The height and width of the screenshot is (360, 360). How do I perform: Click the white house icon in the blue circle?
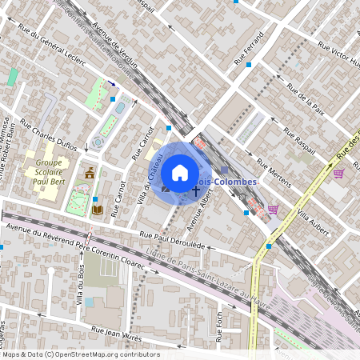[180, 173]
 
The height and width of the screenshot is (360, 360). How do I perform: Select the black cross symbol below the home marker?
[195, 193]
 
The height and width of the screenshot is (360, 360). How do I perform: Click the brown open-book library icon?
[98, 210]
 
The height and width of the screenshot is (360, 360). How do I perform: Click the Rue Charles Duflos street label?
[48, 135]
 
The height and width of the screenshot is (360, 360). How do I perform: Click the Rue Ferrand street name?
[249, 50]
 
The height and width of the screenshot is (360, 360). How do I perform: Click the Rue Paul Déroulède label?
[173, 238]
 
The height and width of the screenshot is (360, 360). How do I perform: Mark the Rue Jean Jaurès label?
[116, 333]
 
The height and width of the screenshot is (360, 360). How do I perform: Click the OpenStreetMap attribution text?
[80, 354]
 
